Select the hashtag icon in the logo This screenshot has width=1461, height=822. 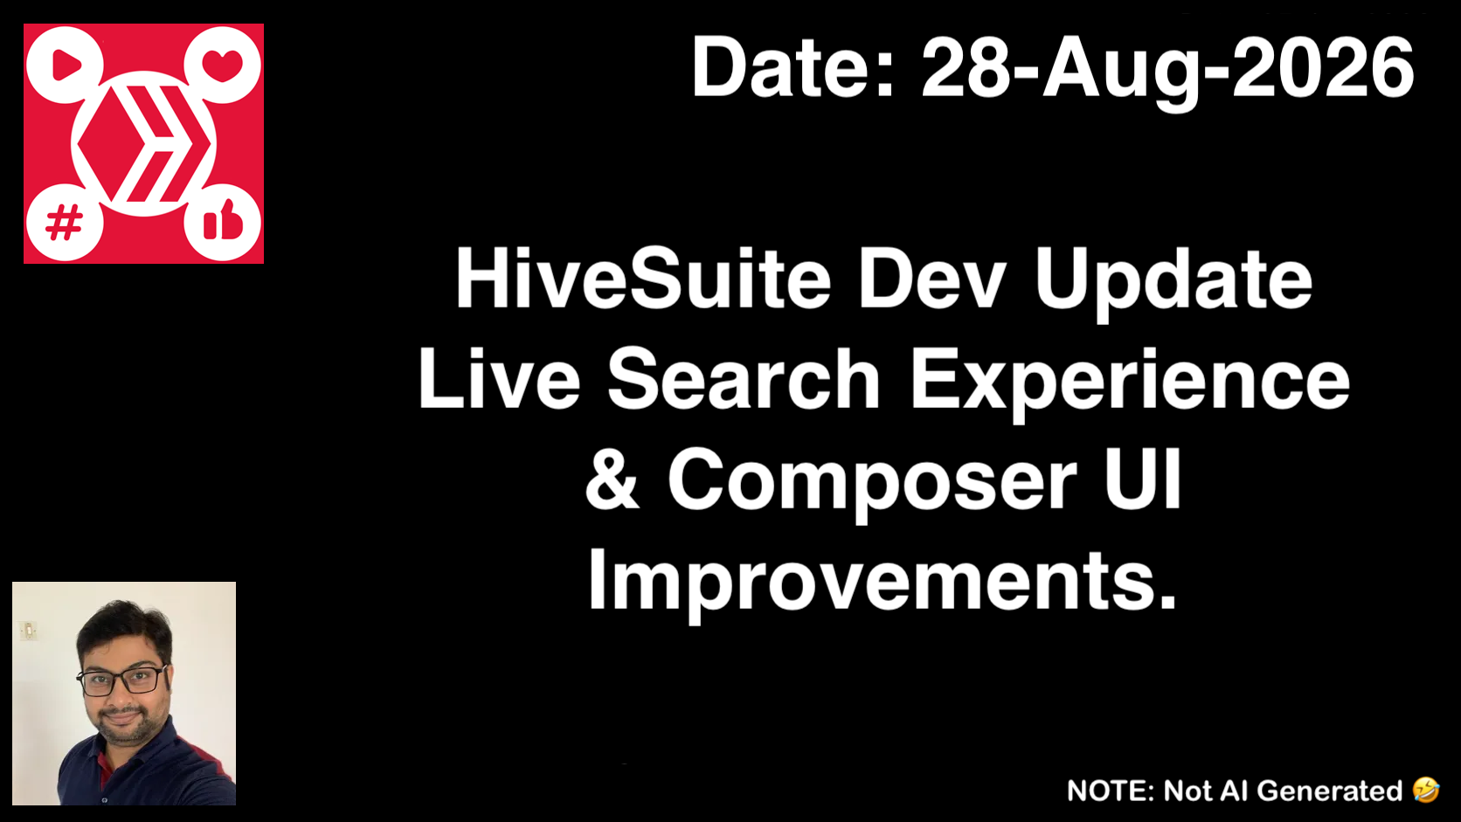click(64, 222)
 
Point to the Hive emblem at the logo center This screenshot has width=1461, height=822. click(143, 143)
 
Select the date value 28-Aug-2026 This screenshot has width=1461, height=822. click(1167, 71)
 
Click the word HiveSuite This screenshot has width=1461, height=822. click(643, 278)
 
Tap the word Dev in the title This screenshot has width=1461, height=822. click(930, 278)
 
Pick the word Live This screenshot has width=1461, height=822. click(499, 378)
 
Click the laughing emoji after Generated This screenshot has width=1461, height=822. click(1426, 790)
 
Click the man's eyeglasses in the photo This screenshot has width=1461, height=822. click(123, 680)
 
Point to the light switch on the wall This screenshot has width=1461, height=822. click(29, 631)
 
